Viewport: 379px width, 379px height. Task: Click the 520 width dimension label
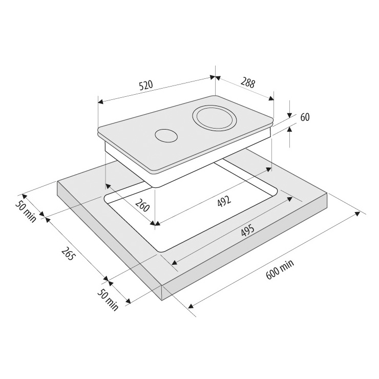point(146,86)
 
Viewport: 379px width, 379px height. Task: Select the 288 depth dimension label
point(248,82)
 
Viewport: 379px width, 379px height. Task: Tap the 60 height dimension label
point(305,117)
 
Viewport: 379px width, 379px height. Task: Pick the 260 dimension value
point(142,205)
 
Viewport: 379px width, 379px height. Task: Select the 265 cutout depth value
point(68,254)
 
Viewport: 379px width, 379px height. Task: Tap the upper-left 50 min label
point(26,212)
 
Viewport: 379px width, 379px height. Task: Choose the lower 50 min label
point(108,300)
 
